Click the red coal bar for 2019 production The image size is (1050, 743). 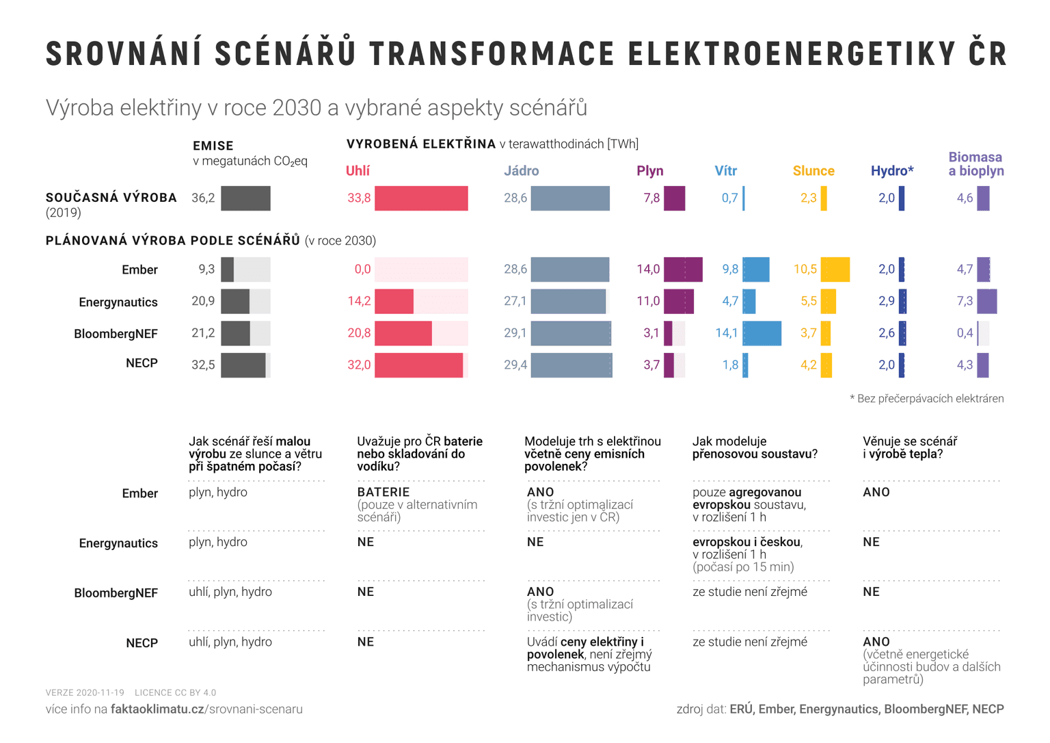421,198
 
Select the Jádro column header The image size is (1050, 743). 521,171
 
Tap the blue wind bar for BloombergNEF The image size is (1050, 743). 762,333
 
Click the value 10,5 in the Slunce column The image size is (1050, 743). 805,270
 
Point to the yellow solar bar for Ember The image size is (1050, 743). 835,270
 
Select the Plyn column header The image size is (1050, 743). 649,171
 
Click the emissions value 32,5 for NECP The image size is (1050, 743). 203,365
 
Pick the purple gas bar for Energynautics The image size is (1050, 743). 678,302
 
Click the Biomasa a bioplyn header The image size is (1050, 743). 975,164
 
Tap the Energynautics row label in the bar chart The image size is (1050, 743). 118,302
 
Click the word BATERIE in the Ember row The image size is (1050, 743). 383,493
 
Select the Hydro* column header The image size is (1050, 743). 891,171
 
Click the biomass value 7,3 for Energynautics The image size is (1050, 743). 964,302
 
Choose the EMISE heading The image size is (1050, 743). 213,146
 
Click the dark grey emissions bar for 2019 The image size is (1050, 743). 245,198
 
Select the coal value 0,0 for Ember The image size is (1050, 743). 362,270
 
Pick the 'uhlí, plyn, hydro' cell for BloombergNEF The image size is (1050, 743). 230,592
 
